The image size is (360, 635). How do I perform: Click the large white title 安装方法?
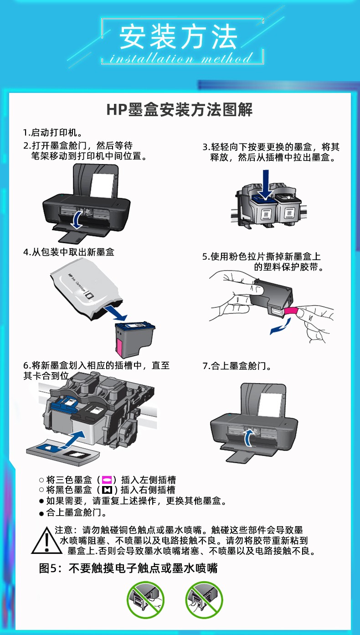178,37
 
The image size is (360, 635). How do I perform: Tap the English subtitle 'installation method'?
181,58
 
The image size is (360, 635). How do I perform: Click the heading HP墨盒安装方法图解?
179,110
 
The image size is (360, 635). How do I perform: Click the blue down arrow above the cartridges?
266,184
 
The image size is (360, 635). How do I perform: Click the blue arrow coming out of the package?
115,313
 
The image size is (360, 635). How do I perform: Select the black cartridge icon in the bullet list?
107,490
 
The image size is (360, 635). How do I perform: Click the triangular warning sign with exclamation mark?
46,540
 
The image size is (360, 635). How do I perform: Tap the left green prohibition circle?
145,599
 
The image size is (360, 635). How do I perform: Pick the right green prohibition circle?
204,599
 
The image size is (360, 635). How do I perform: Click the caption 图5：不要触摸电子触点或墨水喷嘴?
128,568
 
